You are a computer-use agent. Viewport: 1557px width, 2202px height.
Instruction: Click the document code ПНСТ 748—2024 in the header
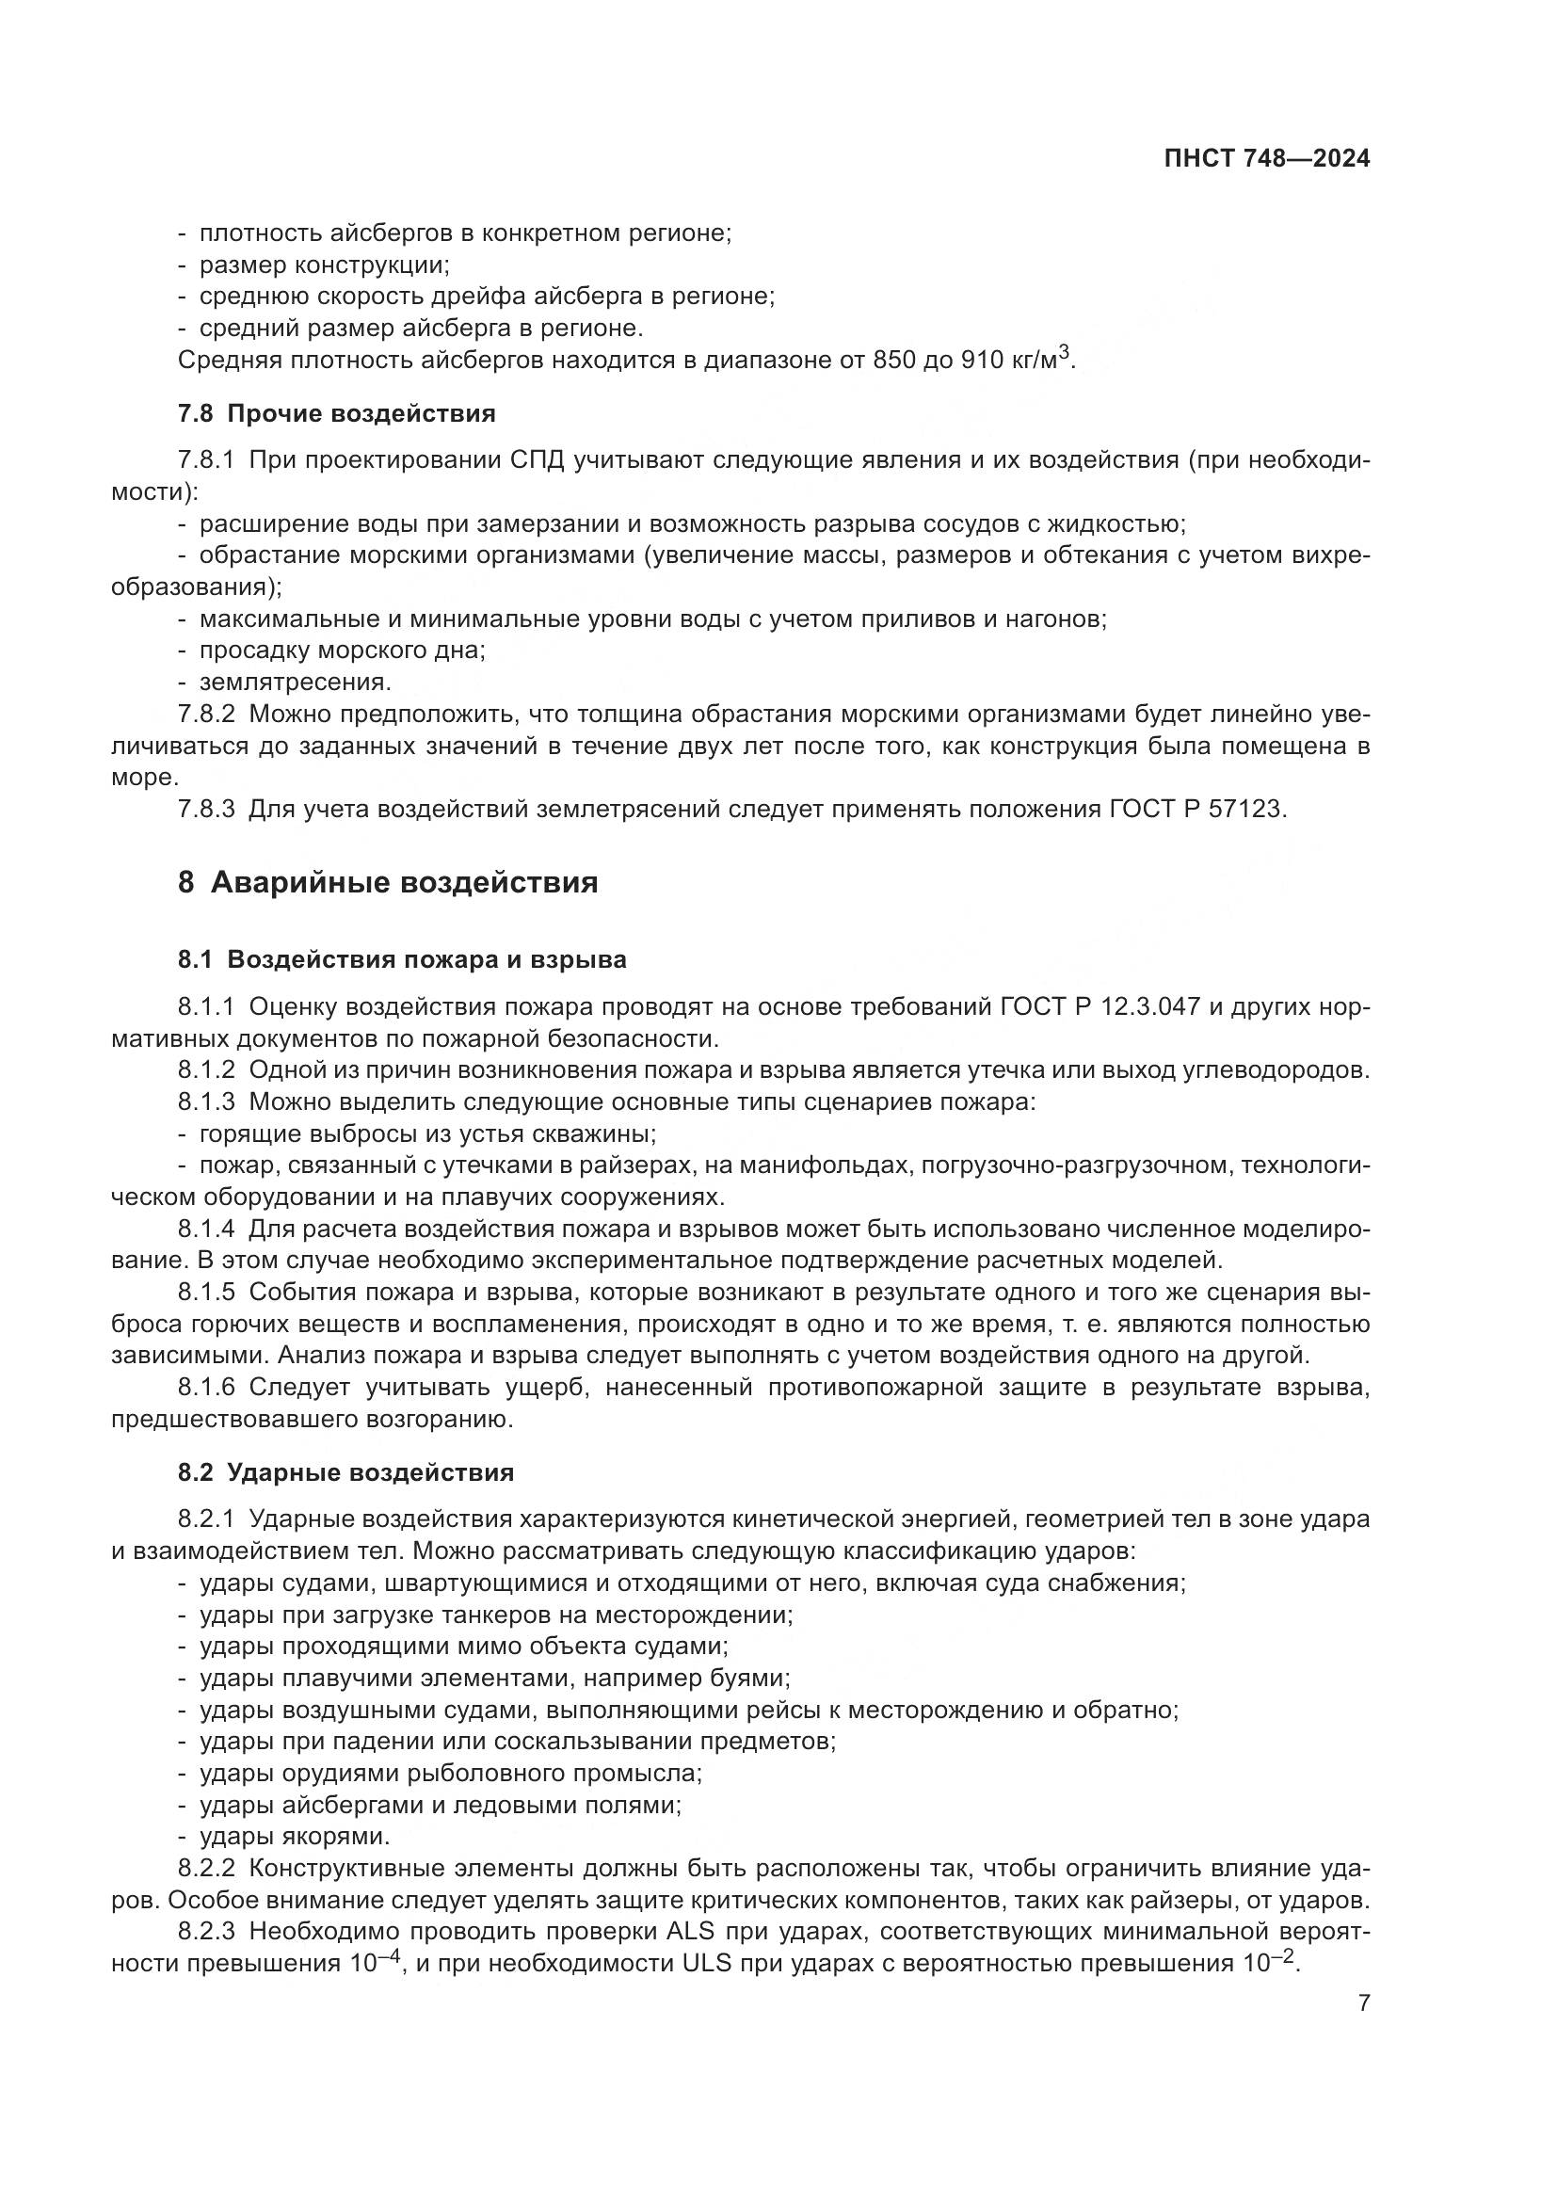click(1266, 159)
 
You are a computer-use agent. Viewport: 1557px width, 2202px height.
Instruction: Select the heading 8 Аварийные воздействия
click(387, 882)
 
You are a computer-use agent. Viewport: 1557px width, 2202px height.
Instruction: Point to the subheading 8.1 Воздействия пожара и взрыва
click(402, 959)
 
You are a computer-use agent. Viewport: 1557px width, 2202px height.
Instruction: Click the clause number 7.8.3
click(206, 809)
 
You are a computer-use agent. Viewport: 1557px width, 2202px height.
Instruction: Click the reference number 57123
click(1245, 809)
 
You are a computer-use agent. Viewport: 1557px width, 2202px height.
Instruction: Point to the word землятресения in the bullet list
click(296, 682)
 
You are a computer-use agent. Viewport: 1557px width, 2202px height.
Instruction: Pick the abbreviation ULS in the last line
click(707, 1963)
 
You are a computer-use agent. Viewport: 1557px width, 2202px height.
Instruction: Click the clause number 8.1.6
click(206, 1388)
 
